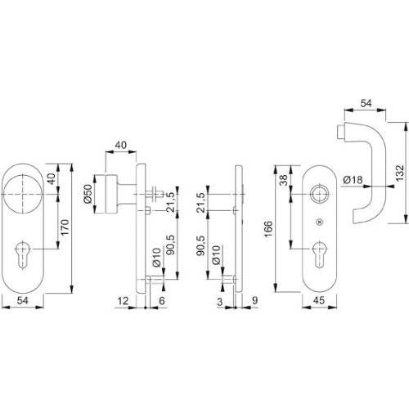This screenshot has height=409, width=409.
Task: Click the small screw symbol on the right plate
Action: [x=320, y=223]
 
